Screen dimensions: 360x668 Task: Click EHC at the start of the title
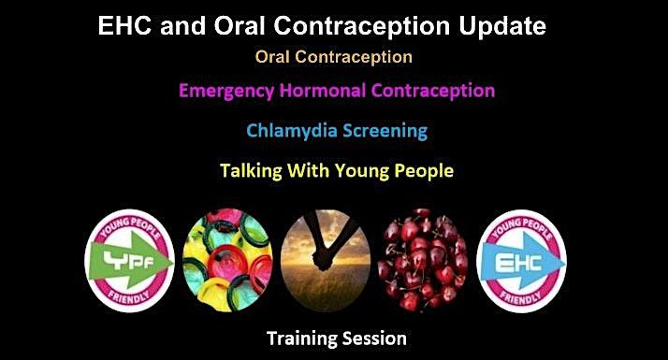pos(126,27)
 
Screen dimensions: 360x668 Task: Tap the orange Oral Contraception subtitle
pos(333,56)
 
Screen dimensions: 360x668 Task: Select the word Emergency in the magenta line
pos(233,91)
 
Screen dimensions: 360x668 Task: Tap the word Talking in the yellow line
pos(250,171)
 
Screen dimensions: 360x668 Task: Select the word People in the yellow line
pos(416,171)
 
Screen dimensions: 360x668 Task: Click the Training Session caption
pos(333,337)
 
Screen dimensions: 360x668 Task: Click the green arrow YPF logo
pos(130,261)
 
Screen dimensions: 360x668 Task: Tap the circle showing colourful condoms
pos(230,261)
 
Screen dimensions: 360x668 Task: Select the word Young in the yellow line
pos(356,171)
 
